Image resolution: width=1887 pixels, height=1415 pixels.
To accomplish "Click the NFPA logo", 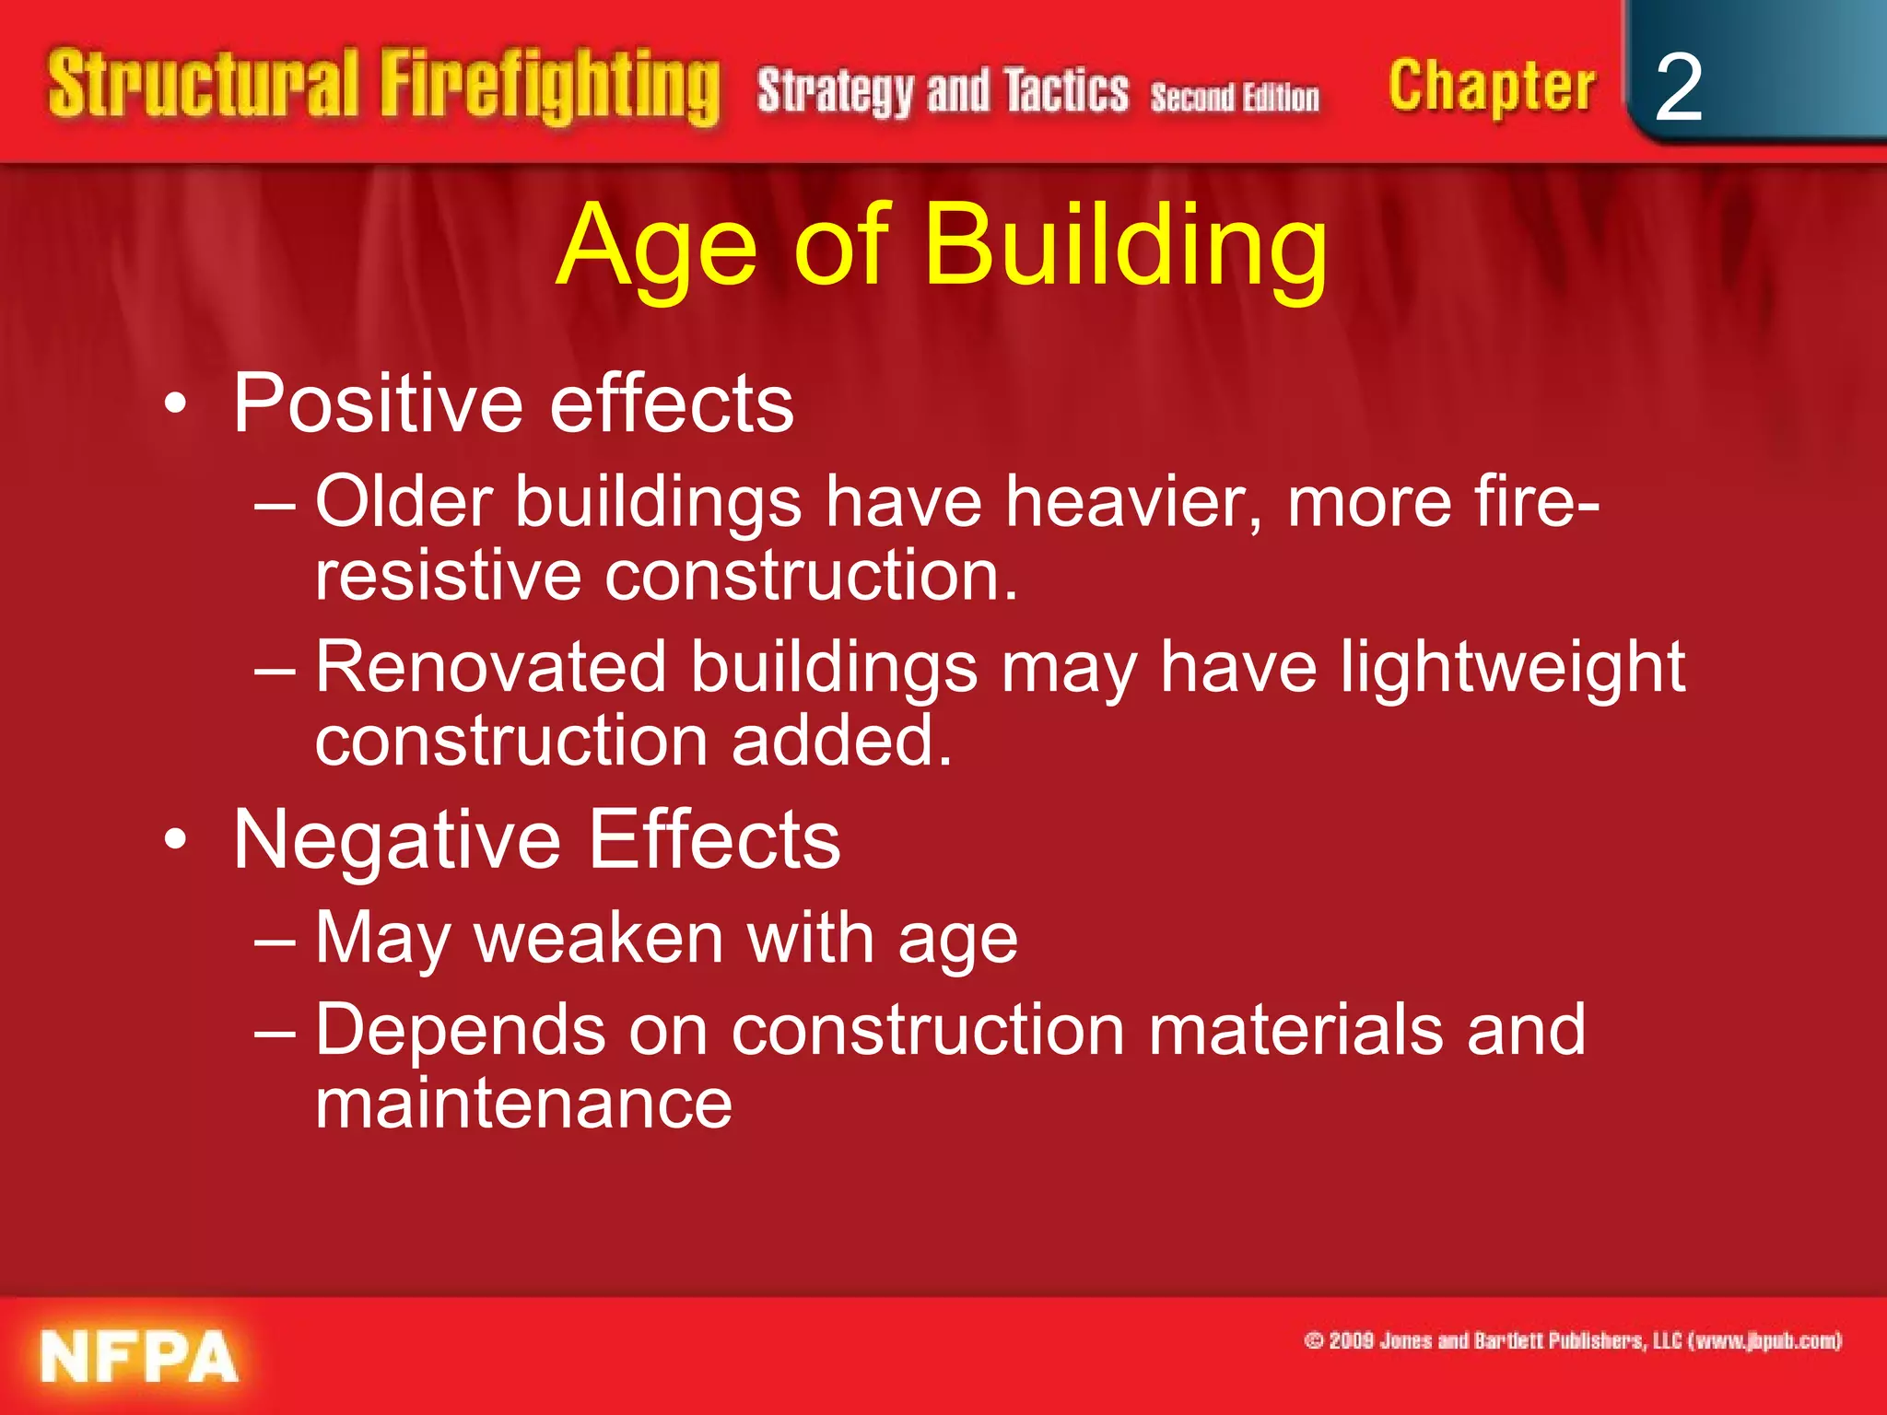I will (x=139, y=1356).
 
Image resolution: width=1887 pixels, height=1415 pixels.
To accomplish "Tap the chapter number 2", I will (x=1678, y=88).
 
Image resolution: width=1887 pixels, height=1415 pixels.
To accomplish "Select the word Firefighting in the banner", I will (x=550, y=88).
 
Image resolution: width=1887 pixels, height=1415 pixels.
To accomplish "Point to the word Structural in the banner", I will (x=203, y=85).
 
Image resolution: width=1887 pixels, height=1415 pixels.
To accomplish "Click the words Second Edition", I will (x=1235, y=97).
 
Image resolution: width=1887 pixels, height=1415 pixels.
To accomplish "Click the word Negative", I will (x=397, y=839).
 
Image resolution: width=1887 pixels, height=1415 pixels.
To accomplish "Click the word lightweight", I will (x=1512, y=668).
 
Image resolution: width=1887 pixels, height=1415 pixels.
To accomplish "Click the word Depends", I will (x=461, y=1030).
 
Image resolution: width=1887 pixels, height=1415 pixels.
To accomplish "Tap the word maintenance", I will (x=523, y=1103).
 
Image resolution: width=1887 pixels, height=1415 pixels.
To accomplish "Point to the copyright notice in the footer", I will (x=1572, y=1340).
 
